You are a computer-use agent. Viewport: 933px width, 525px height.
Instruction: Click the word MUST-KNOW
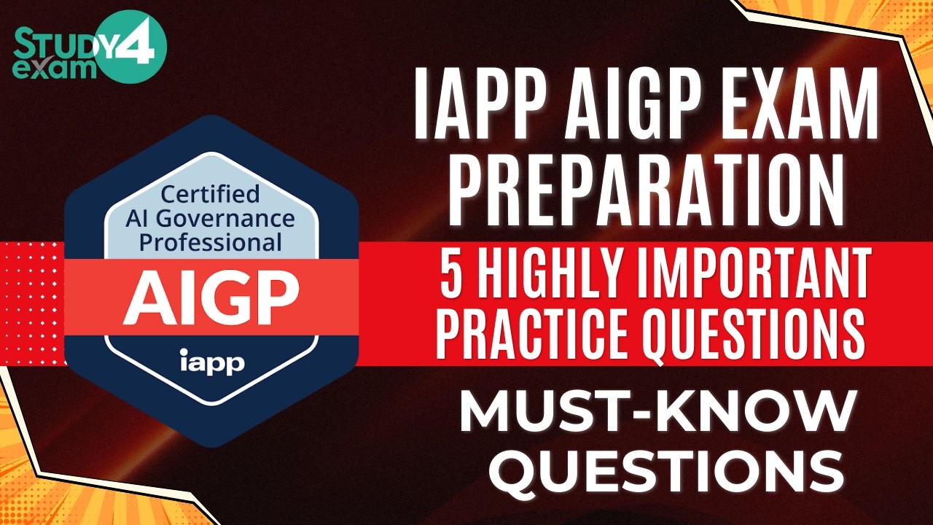click(656, 413)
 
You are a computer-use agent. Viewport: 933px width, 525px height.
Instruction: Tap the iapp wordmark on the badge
click(211, 360)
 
